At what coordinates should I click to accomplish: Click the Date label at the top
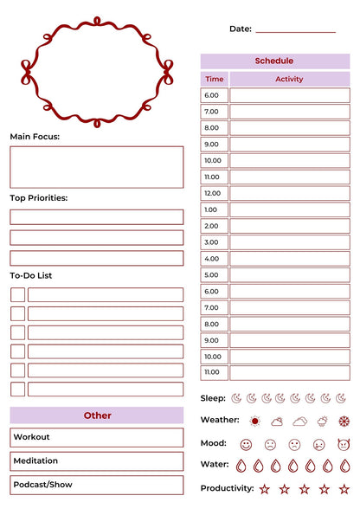click(x=240, y=29)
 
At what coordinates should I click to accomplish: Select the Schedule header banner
click(x=274, y=61)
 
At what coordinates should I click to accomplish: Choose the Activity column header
click(x=289, y=79)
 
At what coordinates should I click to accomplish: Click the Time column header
click(x=214, y=79)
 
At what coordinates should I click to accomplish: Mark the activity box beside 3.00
click(x=289, y=242)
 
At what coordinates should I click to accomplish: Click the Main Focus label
click(x=35, y=137)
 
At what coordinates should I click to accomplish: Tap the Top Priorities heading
click(x=38, y=198)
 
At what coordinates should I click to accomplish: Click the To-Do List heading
click(x=31, y=275)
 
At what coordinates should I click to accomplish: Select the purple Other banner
click(x=97, y=415)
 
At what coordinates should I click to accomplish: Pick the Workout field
click(x=97, y=437)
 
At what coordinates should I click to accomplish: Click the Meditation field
click(x=97, y=461)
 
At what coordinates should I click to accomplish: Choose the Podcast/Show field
click(x=97, y=485)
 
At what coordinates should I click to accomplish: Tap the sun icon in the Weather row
click(x=254, y=422)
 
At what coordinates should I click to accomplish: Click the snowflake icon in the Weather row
click(x=344, y=422)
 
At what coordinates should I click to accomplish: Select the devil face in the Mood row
click(x=344, y=444)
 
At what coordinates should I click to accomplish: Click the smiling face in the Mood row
click(x=246, y=444)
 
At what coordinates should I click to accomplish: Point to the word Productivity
click(x=227, y=488)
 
